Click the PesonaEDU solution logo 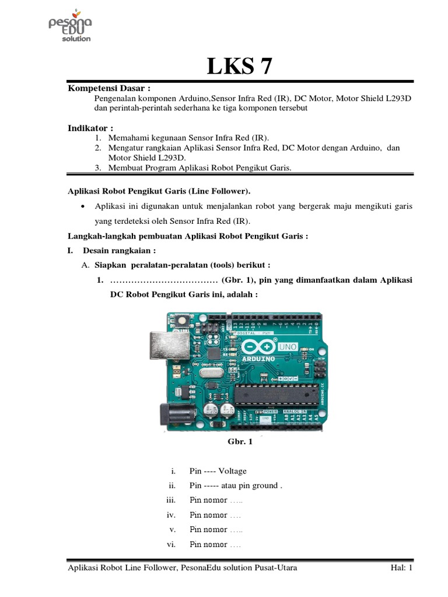click(69, 26)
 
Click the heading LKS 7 click(240, 66)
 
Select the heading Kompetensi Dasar click(109, 88)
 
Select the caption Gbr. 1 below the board click(240, 442)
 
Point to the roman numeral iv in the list click(171, 515)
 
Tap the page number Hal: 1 click(401, 568)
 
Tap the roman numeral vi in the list click(171, 545)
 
